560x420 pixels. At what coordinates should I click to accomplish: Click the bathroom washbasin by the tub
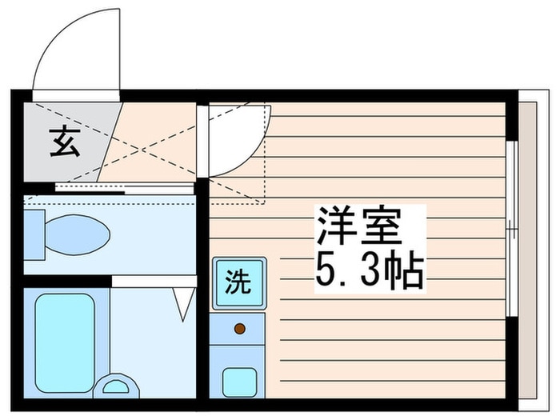117,386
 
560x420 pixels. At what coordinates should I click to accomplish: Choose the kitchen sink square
238,379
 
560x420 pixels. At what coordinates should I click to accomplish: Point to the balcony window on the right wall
510,232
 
